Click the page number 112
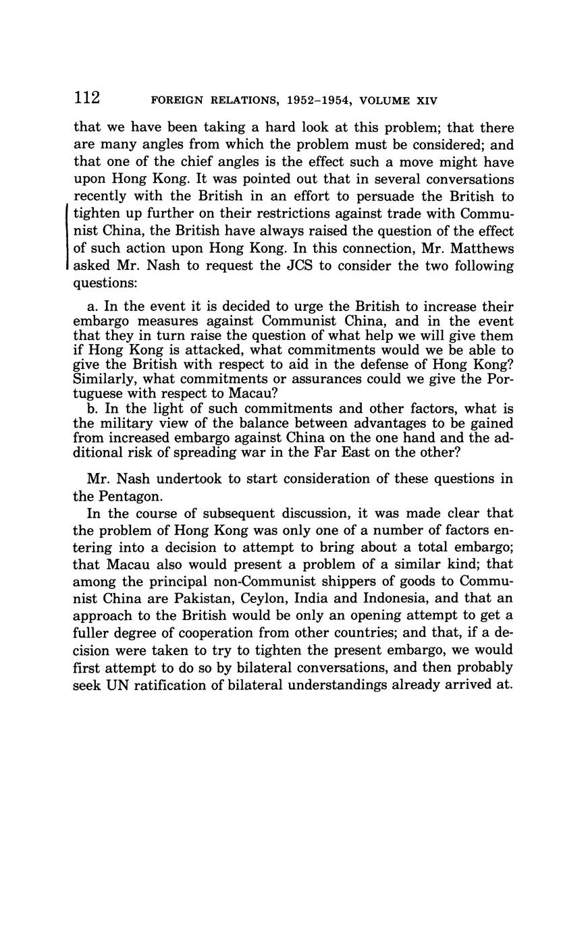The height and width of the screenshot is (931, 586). tap(87, 98)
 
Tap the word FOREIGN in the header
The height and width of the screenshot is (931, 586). tap(177, 101)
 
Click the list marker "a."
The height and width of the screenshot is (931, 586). tap(93, 306)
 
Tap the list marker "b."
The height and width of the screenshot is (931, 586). tap(93, 408)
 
